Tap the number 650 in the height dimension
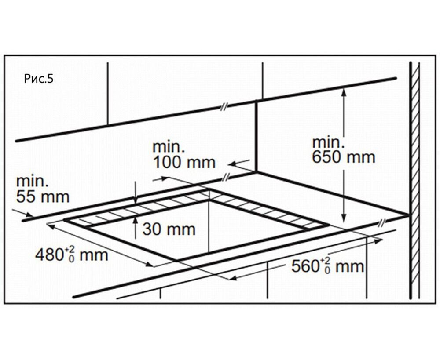[x=325, y=157]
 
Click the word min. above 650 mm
[x=327, y=142]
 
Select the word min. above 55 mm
[x=31, y=181]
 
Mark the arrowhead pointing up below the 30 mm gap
[x=136, y=222]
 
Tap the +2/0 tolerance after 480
[x=70, y=254]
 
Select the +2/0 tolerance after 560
[x=326, y=265]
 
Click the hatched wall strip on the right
[x=414, y=176]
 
